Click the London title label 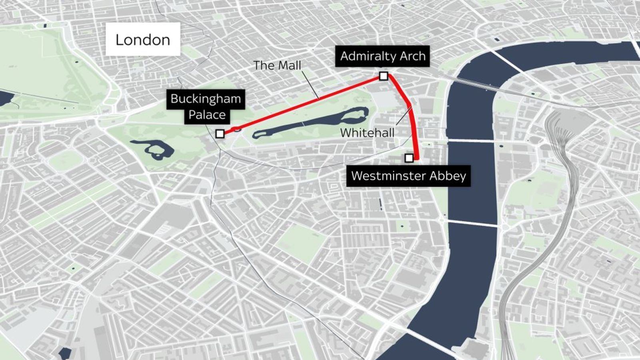(143, 40)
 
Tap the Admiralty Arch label (383, 56)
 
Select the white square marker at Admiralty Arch (383, 76)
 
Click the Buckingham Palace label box (206, 106)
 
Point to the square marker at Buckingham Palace (220, 134)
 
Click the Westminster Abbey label (408, 176)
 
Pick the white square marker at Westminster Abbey (409, 158)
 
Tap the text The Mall (277, 65)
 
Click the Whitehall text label (367, 133)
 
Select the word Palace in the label (207, 115)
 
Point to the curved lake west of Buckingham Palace (154, 149)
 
